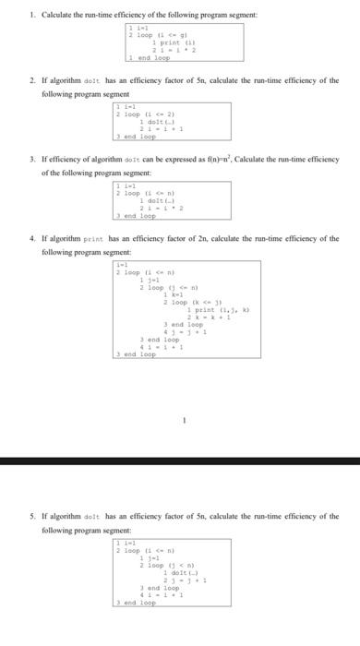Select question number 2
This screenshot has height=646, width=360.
(x=32, y=80)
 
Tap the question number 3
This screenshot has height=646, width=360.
(x=32, y=159)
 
